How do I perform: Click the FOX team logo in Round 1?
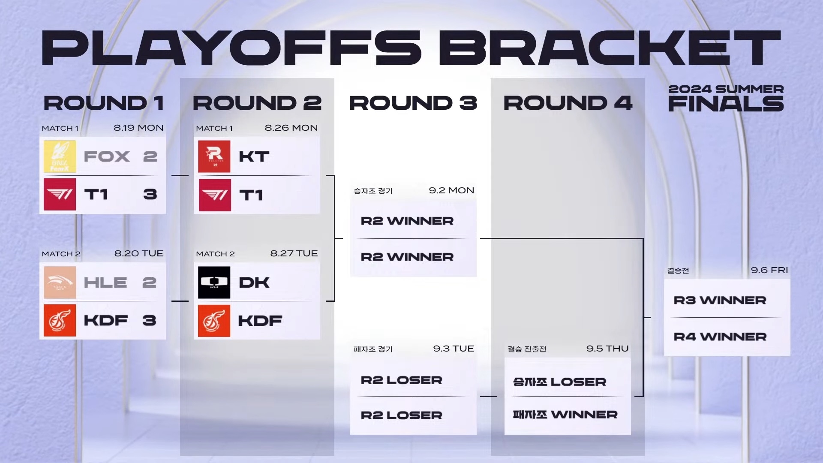(x=60, y=156)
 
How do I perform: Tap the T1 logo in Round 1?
(x=60, y=195)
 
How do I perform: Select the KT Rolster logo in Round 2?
(x=214, y=156)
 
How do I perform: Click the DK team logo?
(x=214, y=283)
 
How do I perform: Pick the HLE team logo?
(x=60, y=283)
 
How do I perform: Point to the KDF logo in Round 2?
(x=214, y=321)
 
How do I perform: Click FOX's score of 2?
(x=150, y=156)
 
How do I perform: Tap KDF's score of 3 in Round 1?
(x=149, y=320)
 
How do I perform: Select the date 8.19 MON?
(x=138, y=128)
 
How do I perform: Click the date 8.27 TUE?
(x=294, y=253)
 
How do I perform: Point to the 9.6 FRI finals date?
(x=769, y=270)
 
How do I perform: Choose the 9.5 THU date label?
(x=607, y=349)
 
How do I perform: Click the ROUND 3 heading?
(x=413, y=103)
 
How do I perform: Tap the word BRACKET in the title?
(x=610, y=48)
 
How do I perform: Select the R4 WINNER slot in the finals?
(x=720, y=337)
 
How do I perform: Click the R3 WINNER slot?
(x=720, y=300)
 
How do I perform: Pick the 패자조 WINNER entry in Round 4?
(x=565, y=415)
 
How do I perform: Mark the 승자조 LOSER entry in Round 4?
(x=560, y=382)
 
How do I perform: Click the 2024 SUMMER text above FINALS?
(x=726, y=89)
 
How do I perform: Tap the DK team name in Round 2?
(x=254, y=283)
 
